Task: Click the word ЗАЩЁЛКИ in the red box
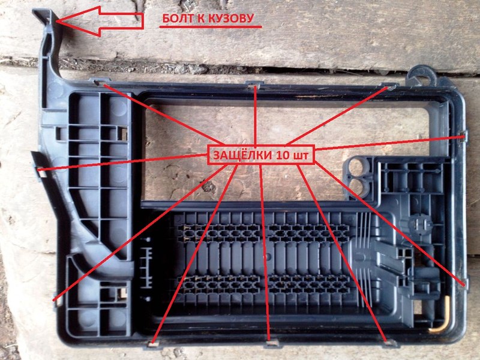point(242,155)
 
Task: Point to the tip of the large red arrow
point(56,21)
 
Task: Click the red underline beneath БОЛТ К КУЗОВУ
point(211,27)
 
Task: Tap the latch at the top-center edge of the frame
point(254,84)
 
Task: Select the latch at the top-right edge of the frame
point(389,86)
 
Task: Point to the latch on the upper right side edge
point(464,137)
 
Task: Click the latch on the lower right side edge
point(465,283)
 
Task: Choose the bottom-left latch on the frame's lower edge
point(152,344)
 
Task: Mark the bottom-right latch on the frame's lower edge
point(389,343)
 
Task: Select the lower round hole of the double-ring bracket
point(357,187)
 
